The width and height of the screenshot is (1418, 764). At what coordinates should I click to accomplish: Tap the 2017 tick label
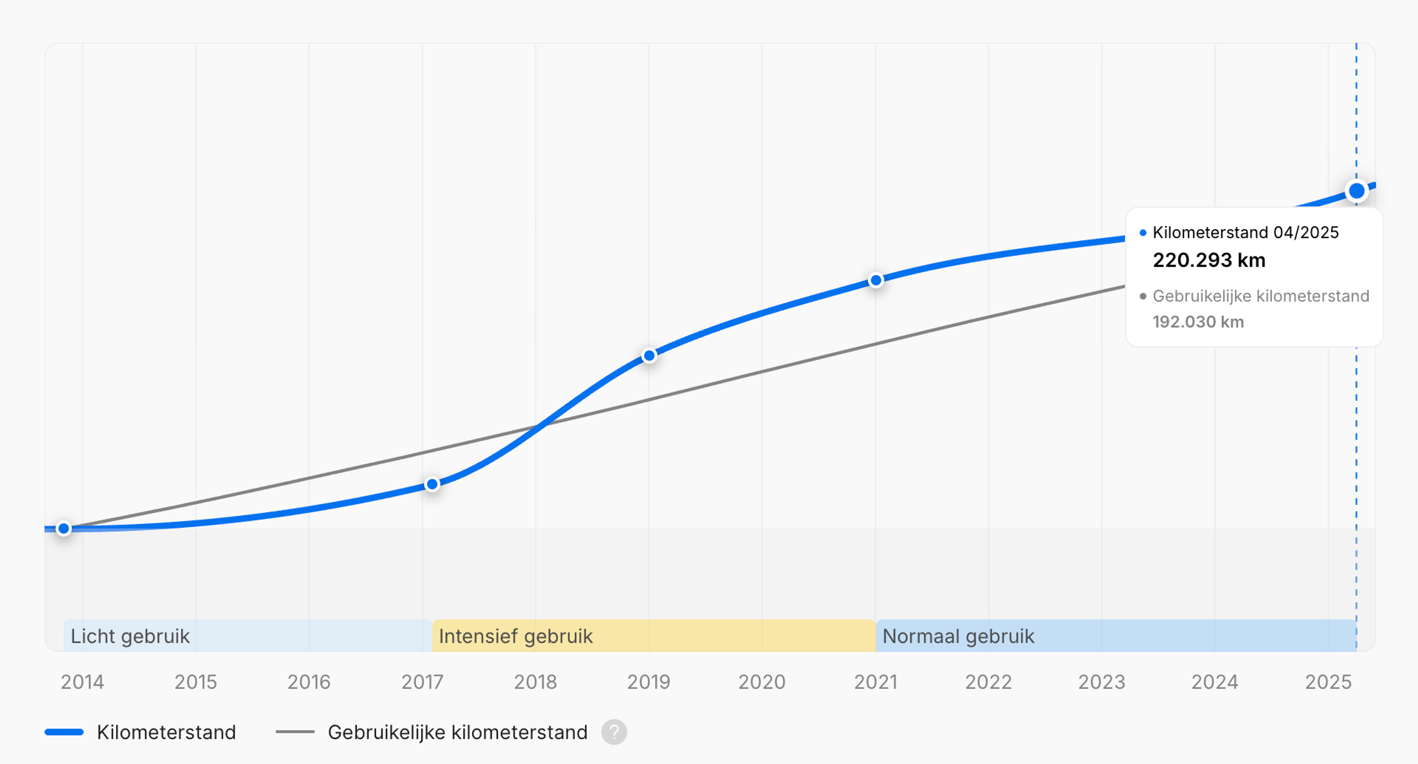[x=422, y=682]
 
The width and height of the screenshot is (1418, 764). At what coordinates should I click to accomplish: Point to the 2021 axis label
[x=875, y=682]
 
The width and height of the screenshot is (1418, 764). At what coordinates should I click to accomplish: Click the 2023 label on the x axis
[x=1102, y=682]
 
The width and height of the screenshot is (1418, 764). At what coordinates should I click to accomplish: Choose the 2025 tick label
[x=1328, y=682]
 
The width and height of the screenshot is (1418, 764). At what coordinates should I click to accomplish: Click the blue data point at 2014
[x=64, y=529]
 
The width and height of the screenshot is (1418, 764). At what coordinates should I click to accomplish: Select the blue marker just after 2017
[x=433, y=484]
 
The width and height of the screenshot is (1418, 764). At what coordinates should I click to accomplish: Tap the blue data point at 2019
[x=650, y=356]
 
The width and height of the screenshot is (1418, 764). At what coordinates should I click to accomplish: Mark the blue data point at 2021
[x=876, y=280]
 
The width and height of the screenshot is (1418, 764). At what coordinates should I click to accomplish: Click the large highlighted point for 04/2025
[x=1356, y=191]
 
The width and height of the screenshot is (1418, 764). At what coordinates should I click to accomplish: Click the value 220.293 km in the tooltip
[x=1209, y=260]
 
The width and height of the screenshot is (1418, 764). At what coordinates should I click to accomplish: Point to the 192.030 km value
[x=1198, y=322]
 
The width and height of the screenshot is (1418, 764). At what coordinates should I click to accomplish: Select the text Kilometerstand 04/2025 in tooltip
[x=1245, y=232]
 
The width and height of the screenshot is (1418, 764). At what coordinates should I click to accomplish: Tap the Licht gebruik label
[x=130, y=636]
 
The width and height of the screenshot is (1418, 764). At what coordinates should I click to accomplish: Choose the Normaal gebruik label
[x=958, y=636]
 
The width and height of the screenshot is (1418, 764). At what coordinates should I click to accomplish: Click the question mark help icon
[x=614, y=732]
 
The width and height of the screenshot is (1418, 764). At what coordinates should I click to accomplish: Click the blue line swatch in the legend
[x=64, y=732]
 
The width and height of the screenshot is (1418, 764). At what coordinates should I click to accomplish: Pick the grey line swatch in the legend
[x=295, y=732]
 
